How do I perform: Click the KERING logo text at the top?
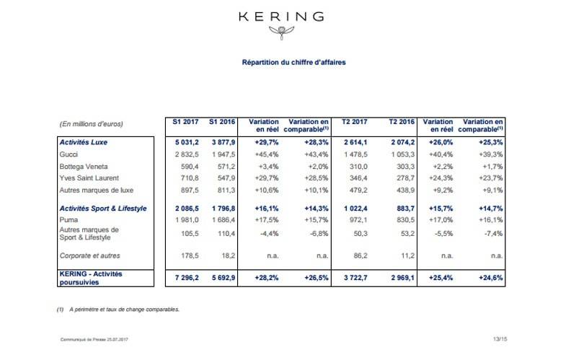[291, 16]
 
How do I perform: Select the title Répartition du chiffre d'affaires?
[293, 63]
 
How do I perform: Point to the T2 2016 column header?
[402, 123]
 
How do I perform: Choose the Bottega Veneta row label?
[81, 166]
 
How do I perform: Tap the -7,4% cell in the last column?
[490, 233]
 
